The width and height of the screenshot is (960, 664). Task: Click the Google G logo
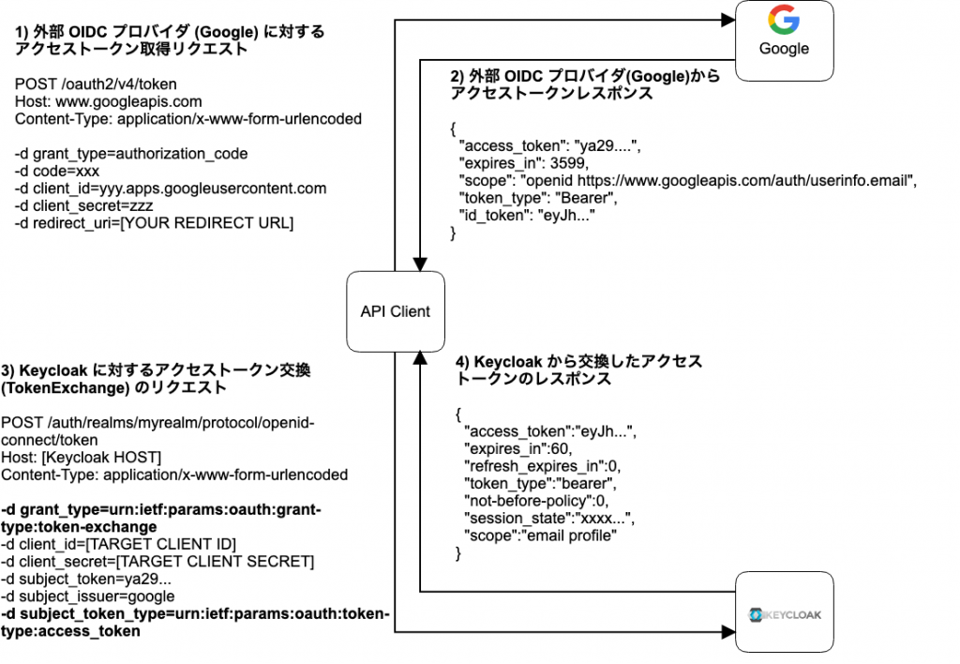[784, 20]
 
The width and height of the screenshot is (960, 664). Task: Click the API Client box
[396, 311]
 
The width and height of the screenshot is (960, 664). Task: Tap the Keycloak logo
[785, 614]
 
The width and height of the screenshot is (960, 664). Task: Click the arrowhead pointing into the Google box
[727, 21]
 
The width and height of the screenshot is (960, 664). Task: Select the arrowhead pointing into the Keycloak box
[727, 631]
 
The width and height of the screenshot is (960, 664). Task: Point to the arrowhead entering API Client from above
[420, 264]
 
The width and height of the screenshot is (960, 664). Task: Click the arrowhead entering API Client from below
[420, 359]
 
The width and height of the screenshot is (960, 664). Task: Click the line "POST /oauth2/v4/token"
[96, 83]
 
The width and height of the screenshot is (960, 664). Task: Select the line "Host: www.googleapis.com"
[109, 101]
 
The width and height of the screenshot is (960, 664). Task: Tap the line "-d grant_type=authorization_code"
[131, 154]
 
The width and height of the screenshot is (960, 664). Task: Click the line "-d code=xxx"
[57, 171]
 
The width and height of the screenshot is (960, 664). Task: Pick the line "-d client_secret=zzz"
[83, 205]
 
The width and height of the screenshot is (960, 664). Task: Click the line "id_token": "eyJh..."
[527, 216]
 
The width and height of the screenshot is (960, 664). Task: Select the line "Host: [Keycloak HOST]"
[82, 458]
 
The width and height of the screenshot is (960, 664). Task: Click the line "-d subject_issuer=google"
[87, 596]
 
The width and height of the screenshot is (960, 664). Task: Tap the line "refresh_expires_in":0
[543, 466]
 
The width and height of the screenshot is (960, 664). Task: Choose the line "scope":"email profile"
[541, 536]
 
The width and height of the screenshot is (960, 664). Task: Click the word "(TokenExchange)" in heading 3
[66, 387]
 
